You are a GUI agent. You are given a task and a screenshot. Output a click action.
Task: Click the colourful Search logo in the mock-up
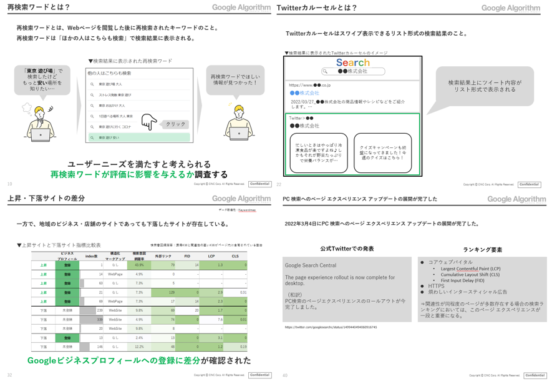click(352, 62)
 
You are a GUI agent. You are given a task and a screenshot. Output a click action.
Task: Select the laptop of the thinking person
click(40, 134)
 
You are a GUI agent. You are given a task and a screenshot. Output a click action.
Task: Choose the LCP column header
click(211, 256)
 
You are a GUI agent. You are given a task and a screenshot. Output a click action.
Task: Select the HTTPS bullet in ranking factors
click(437, 285)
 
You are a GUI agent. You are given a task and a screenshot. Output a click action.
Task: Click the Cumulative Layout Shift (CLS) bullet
click(469, 274)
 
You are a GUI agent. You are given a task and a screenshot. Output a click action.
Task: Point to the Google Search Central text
click(310, 265)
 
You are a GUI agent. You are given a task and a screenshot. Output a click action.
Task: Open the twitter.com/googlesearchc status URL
click(331, 327)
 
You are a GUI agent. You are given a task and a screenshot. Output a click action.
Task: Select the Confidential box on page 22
click(529, 185)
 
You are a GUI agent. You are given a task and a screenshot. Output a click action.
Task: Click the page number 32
click(9, 375)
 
